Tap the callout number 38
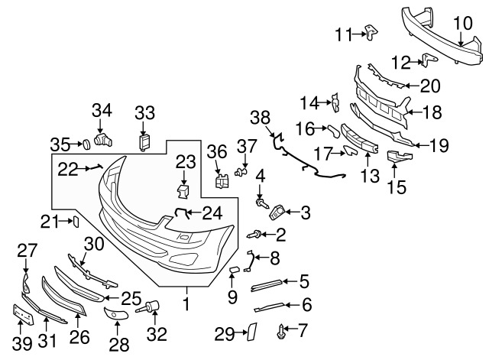[x=260, y=117]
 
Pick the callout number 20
[x=431, y=86]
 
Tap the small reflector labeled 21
[x=76, y=222]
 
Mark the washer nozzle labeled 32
[x=150, y=308]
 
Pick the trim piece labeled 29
[x=248, y=332]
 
